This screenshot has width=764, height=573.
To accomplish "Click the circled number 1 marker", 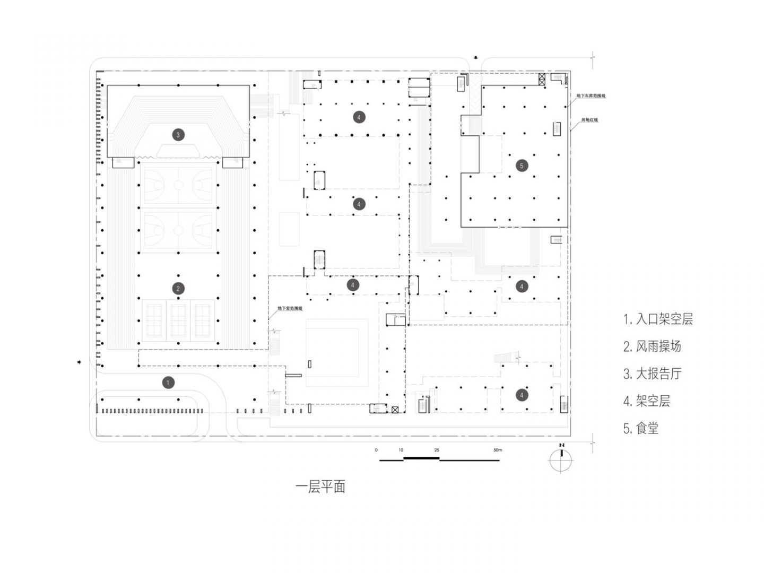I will [168, 383].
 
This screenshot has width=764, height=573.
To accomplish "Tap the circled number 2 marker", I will [178, 289].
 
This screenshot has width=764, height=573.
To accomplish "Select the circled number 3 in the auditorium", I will [178, 135].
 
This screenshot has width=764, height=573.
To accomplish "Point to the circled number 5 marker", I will [521, 166].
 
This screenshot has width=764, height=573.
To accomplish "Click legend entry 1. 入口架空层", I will [658, 319].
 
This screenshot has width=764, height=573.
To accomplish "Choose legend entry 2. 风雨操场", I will [652, 347].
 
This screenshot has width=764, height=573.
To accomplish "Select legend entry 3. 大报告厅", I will [652, 374].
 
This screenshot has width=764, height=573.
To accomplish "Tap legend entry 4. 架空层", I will [646, 401].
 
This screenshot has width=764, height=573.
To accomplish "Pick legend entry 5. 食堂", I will [640, 428].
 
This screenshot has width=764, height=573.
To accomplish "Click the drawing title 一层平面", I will [320, 487].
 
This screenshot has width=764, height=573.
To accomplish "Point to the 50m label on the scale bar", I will [497, 450].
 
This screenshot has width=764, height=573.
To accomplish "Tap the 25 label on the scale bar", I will [437, 450].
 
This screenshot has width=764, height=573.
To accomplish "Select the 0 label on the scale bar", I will [376, 450].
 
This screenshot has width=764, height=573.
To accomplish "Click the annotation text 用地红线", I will [589, 120].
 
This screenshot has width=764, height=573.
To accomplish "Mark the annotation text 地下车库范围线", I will [591, 96].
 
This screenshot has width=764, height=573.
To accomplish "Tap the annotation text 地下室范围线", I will [290, 308].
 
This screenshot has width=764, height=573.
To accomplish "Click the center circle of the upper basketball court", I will [178, 185].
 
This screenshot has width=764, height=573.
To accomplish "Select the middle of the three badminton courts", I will [178, 320].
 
